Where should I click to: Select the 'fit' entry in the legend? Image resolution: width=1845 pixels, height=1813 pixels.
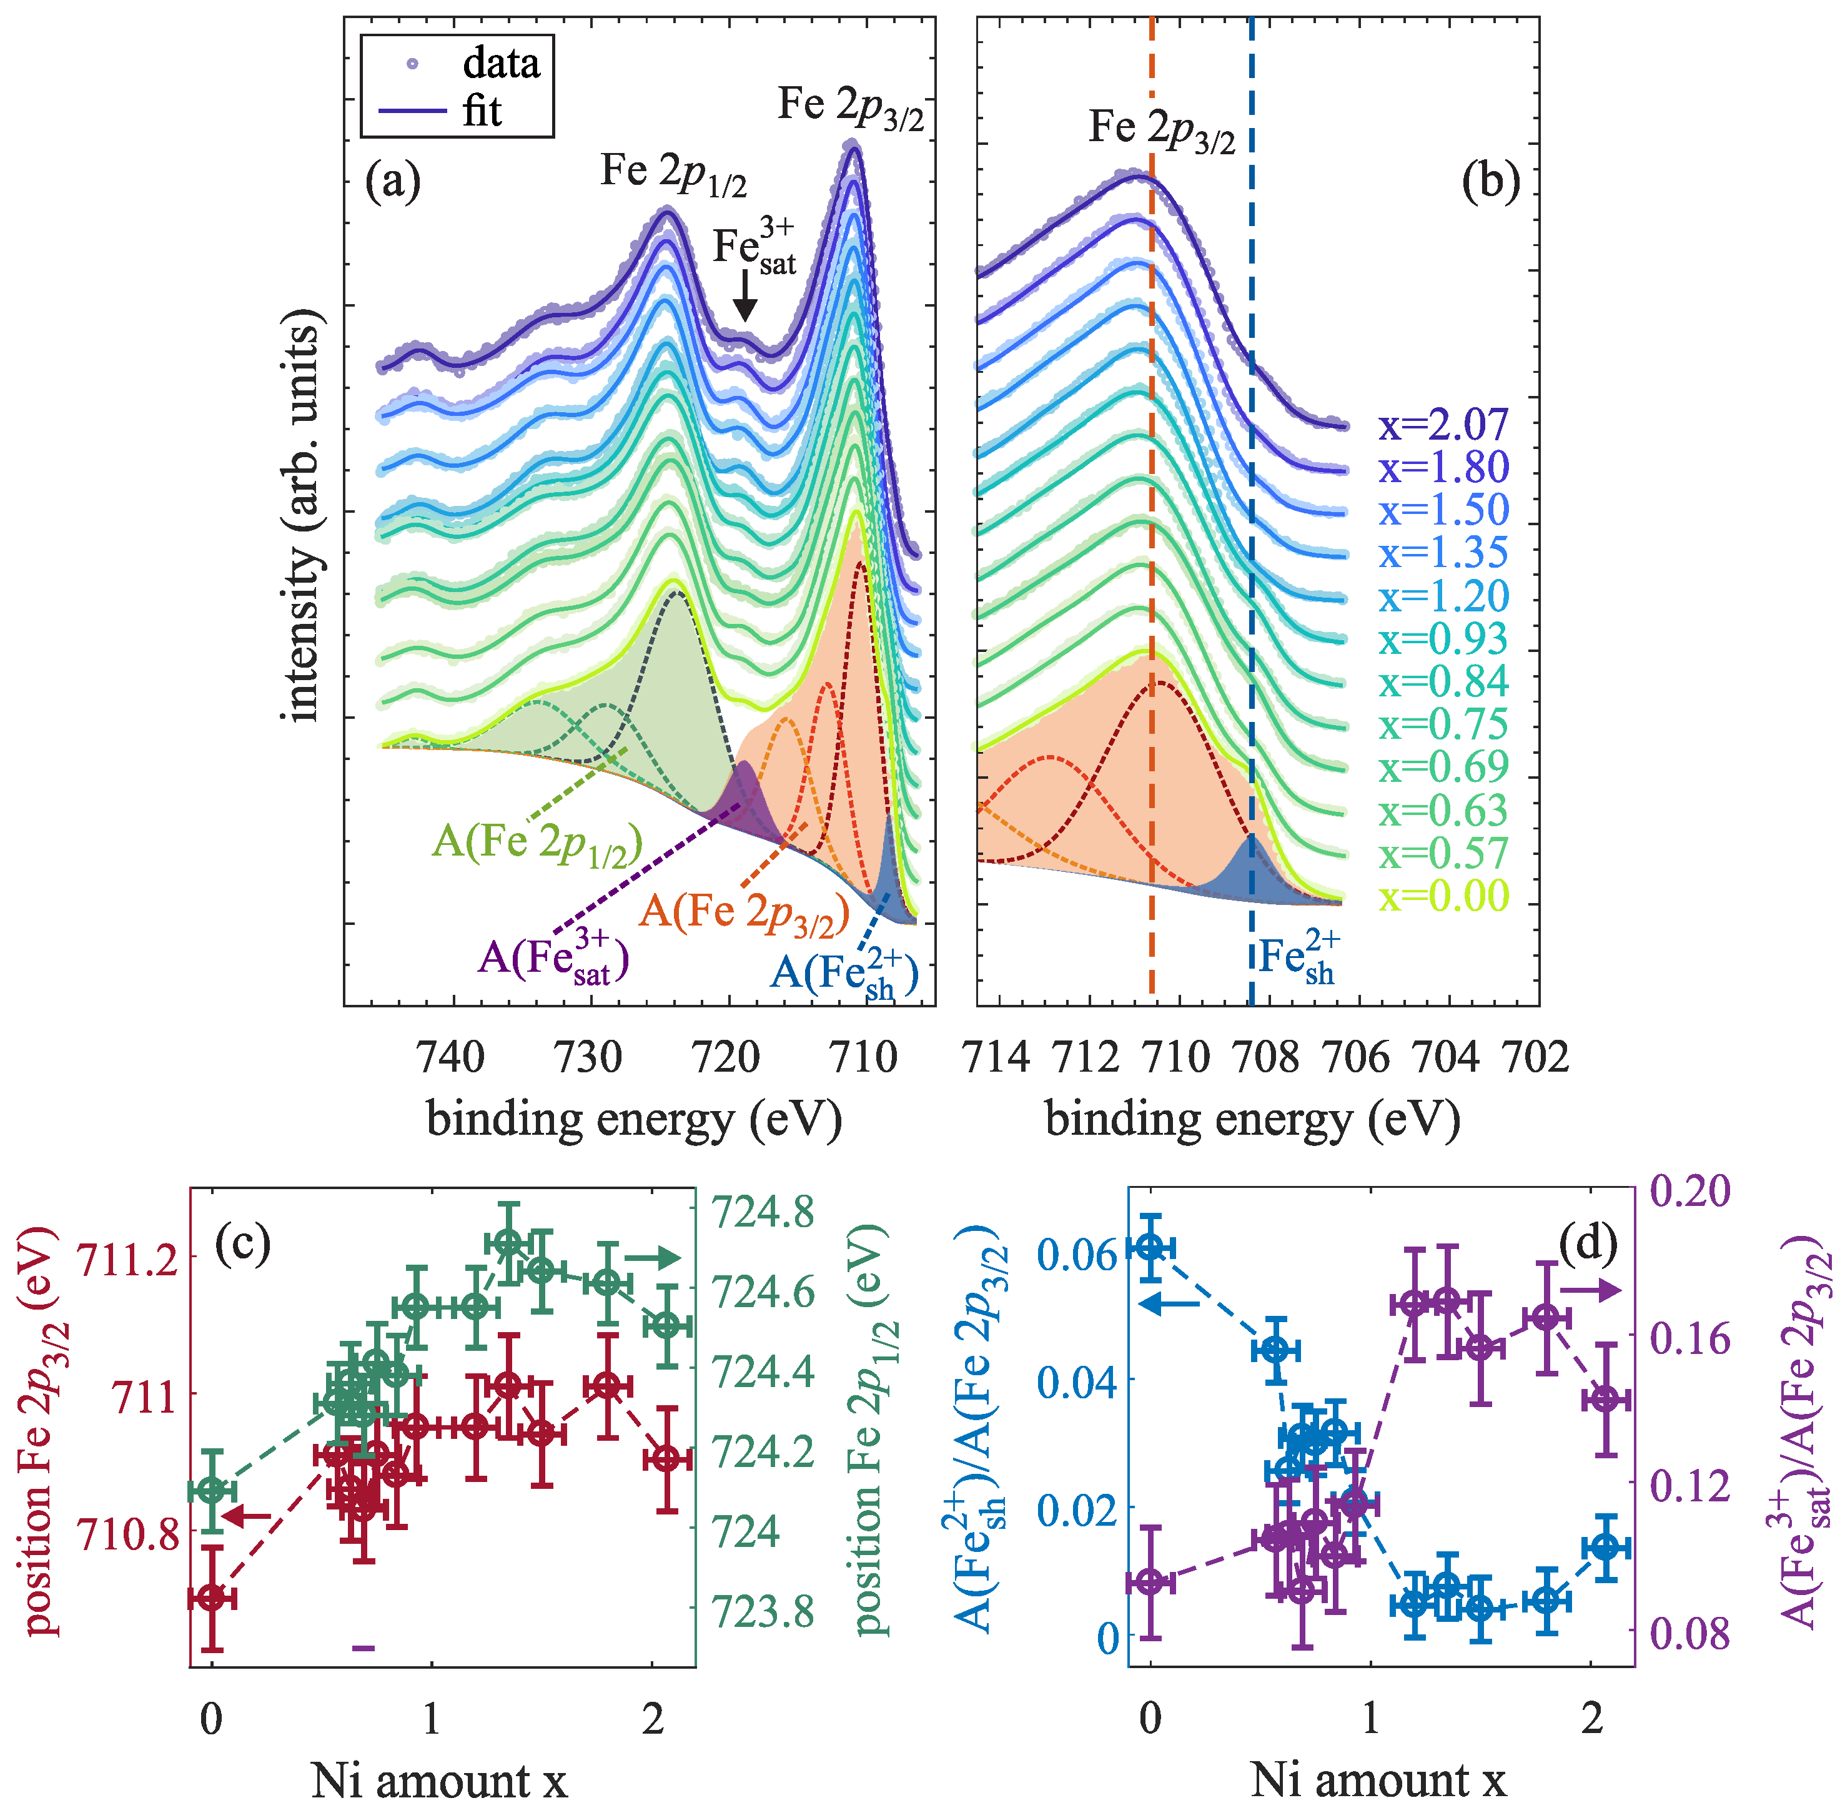[481, 111]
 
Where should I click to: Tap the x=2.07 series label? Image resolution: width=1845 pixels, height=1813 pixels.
[1443, 425]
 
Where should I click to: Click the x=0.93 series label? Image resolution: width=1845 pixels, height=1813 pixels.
[1443, 639]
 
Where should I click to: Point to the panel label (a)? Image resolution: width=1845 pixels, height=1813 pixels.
[392, 181]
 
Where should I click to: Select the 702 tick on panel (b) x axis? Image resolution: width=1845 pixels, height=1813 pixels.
[1535, 1057]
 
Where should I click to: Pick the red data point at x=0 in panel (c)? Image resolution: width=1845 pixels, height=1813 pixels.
[212, 1597]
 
